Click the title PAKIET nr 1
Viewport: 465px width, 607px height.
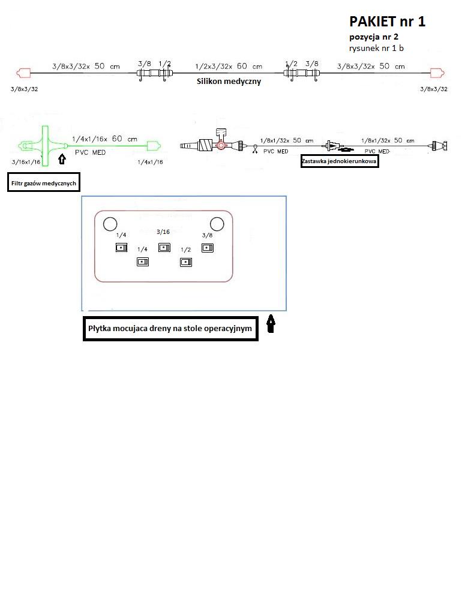click(387, 22)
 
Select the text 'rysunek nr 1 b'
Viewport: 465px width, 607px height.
click(376, 48)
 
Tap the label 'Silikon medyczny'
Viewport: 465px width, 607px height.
click(229, 82)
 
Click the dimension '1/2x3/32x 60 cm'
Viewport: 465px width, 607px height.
click(229, 66)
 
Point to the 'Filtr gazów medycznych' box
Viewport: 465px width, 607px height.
click(44, 182)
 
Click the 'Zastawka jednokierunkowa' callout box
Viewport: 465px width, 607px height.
click(340, 161)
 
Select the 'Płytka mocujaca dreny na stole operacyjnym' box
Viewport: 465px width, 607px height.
click(170, 328)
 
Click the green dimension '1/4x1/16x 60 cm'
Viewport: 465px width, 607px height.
click(104, 139)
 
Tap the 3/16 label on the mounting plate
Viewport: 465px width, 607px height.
click(163, 232)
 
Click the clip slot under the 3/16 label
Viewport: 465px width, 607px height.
click(164, 247)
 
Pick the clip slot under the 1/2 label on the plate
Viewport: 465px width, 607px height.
click(186, 263)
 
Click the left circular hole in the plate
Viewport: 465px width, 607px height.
click(110, 224)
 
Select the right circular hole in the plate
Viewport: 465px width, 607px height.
click(217, 224)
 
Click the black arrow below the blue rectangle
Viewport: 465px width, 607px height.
click(271, 324)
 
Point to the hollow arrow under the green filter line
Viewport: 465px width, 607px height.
click(62, 159)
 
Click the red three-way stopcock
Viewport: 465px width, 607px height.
click(221, 146)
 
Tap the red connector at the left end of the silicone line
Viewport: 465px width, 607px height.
click(23, 73)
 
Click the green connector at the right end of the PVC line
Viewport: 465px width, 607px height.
click(154, 146)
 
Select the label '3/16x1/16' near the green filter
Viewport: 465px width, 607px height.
click(26, 162)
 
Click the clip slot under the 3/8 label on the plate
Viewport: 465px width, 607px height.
click(208, 248)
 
